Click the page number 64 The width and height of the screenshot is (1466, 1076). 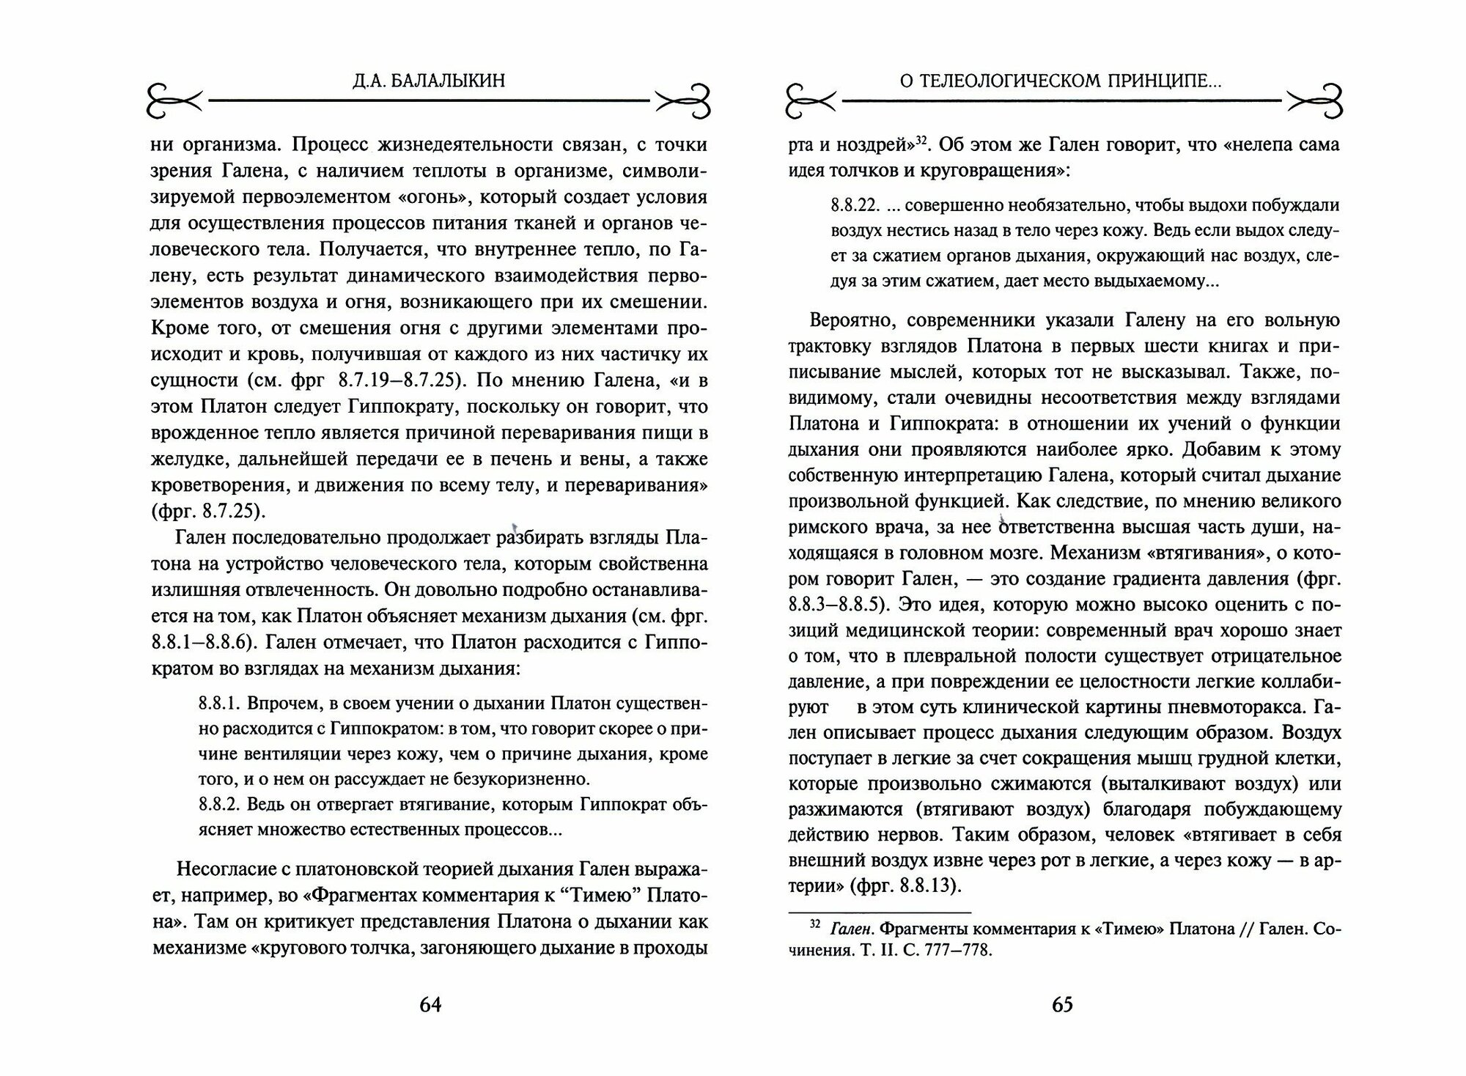(x=430, y=1004)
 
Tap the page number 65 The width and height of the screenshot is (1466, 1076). (x=1062, y=1004)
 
